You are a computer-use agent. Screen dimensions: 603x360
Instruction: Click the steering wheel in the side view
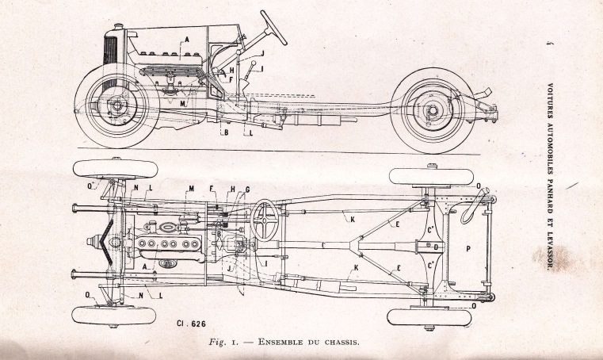(273, 28)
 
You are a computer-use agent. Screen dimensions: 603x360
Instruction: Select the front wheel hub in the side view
(117, 105)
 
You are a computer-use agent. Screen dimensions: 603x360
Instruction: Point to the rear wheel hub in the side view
(433, 110)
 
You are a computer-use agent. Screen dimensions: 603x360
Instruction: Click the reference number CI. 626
(191, 324)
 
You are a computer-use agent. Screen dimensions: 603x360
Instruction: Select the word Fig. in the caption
(218, 343)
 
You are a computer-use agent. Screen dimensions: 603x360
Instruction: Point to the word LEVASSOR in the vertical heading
(550, 250)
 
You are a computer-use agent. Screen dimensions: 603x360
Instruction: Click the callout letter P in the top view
(468, 249)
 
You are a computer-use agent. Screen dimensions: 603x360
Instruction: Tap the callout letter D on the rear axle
(436, 247)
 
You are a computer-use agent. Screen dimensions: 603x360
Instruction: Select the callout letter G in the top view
(247, 189)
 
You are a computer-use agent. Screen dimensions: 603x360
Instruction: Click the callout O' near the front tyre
(91, 186)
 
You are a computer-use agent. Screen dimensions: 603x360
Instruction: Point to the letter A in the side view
(187, 40)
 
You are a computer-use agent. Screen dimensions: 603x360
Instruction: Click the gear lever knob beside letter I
(254, 63)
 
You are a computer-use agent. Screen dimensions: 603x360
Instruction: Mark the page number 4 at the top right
(549, 43)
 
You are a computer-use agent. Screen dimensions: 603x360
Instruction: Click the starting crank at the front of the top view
(92, 242)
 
